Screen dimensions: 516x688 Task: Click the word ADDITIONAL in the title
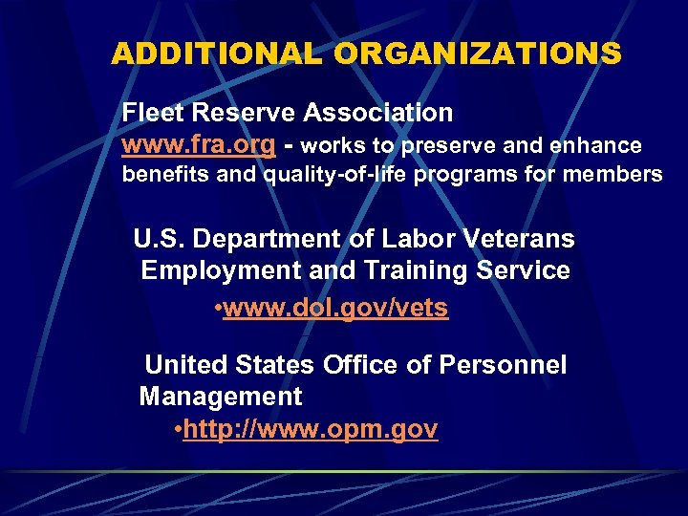[216, 54]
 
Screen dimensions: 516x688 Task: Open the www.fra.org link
[199, 145]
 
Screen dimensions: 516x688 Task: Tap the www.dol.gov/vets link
[335, 310]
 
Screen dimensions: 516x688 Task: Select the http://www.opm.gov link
[311, 430]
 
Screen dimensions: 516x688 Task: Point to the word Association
[377, 113]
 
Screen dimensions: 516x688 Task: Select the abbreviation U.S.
[159, 237]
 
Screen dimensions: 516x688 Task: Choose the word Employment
[222, 270]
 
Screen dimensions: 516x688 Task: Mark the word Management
[221, 396]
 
